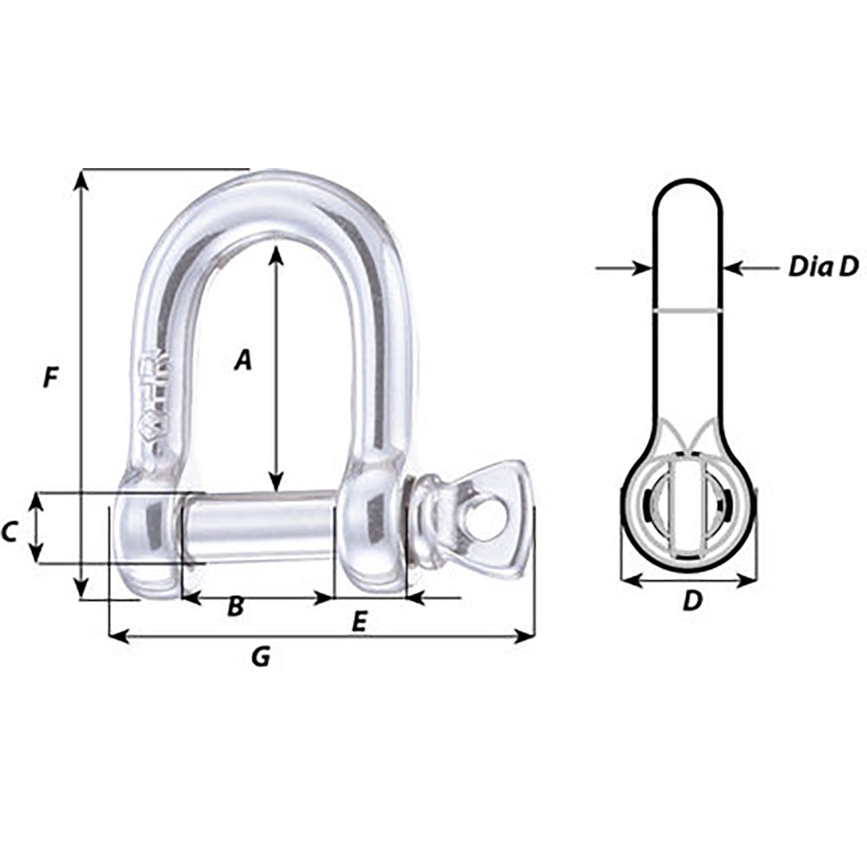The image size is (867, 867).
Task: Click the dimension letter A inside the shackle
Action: click(244, 359)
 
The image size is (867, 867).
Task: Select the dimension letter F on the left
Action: click(52, 378)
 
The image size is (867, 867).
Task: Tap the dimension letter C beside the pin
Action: click(10, 532)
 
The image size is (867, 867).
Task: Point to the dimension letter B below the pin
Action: click(235, 608)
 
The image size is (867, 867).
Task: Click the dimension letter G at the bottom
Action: click(260, 658)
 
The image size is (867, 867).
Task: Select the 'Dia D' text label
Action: click(822, 267)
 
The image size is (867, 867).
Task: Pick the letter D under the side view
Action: click(691, 600)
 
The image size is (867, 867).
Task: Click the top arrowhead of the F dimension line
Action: click(81, 178)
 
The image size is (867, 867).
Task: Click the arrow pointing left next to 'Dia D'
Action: click(733, 269)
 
